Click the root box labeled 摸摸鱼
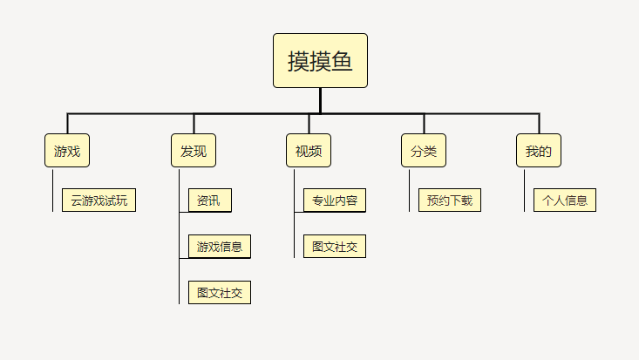pyautogui.click(x=320, y=60)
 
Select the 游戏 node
pyautogui.click(x=67, y=151)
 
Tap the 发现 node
pyautogui.click(x=194, y=151)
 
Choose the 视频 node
pyautogui.click(x=309, y=151)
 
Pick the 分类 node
pyautogui.click(x=424, y=151)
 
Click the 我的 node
pyautogui.click(x=539, y=151)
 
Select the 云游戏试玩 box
pyautogui.click(x=99, y=200)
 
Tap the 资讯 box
pyautogui.click(x=210, y=200)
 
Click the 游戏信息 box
pyautogui.click(x=220, y=247)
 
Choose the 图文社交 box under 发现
pyautogui.click(x=220, y=292)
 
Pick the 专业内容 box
pyautogui.click(x=335, y=200)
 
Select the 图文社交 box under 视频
pyautogui.click(x=335, y=247)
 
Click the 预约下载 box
pyautogui.click(x=450, y=200)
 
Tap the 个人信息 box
pyautogui.click(x=565, y=200)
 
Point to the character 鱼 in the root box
pyautogui.click(x=342, y=61)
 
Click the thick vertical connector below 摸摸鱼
pyautogui.click(x=320, y=101)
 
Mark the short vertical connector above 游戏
pyautogui.click(x=68, y=124)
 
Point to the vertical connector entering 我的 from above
pyautogui.click(x=539, y=124)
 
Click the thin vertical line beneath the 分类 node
pyautogui.click(x=409, y=190)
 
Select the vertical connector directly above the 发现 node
pyautogui.click(x=194, y=124)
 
